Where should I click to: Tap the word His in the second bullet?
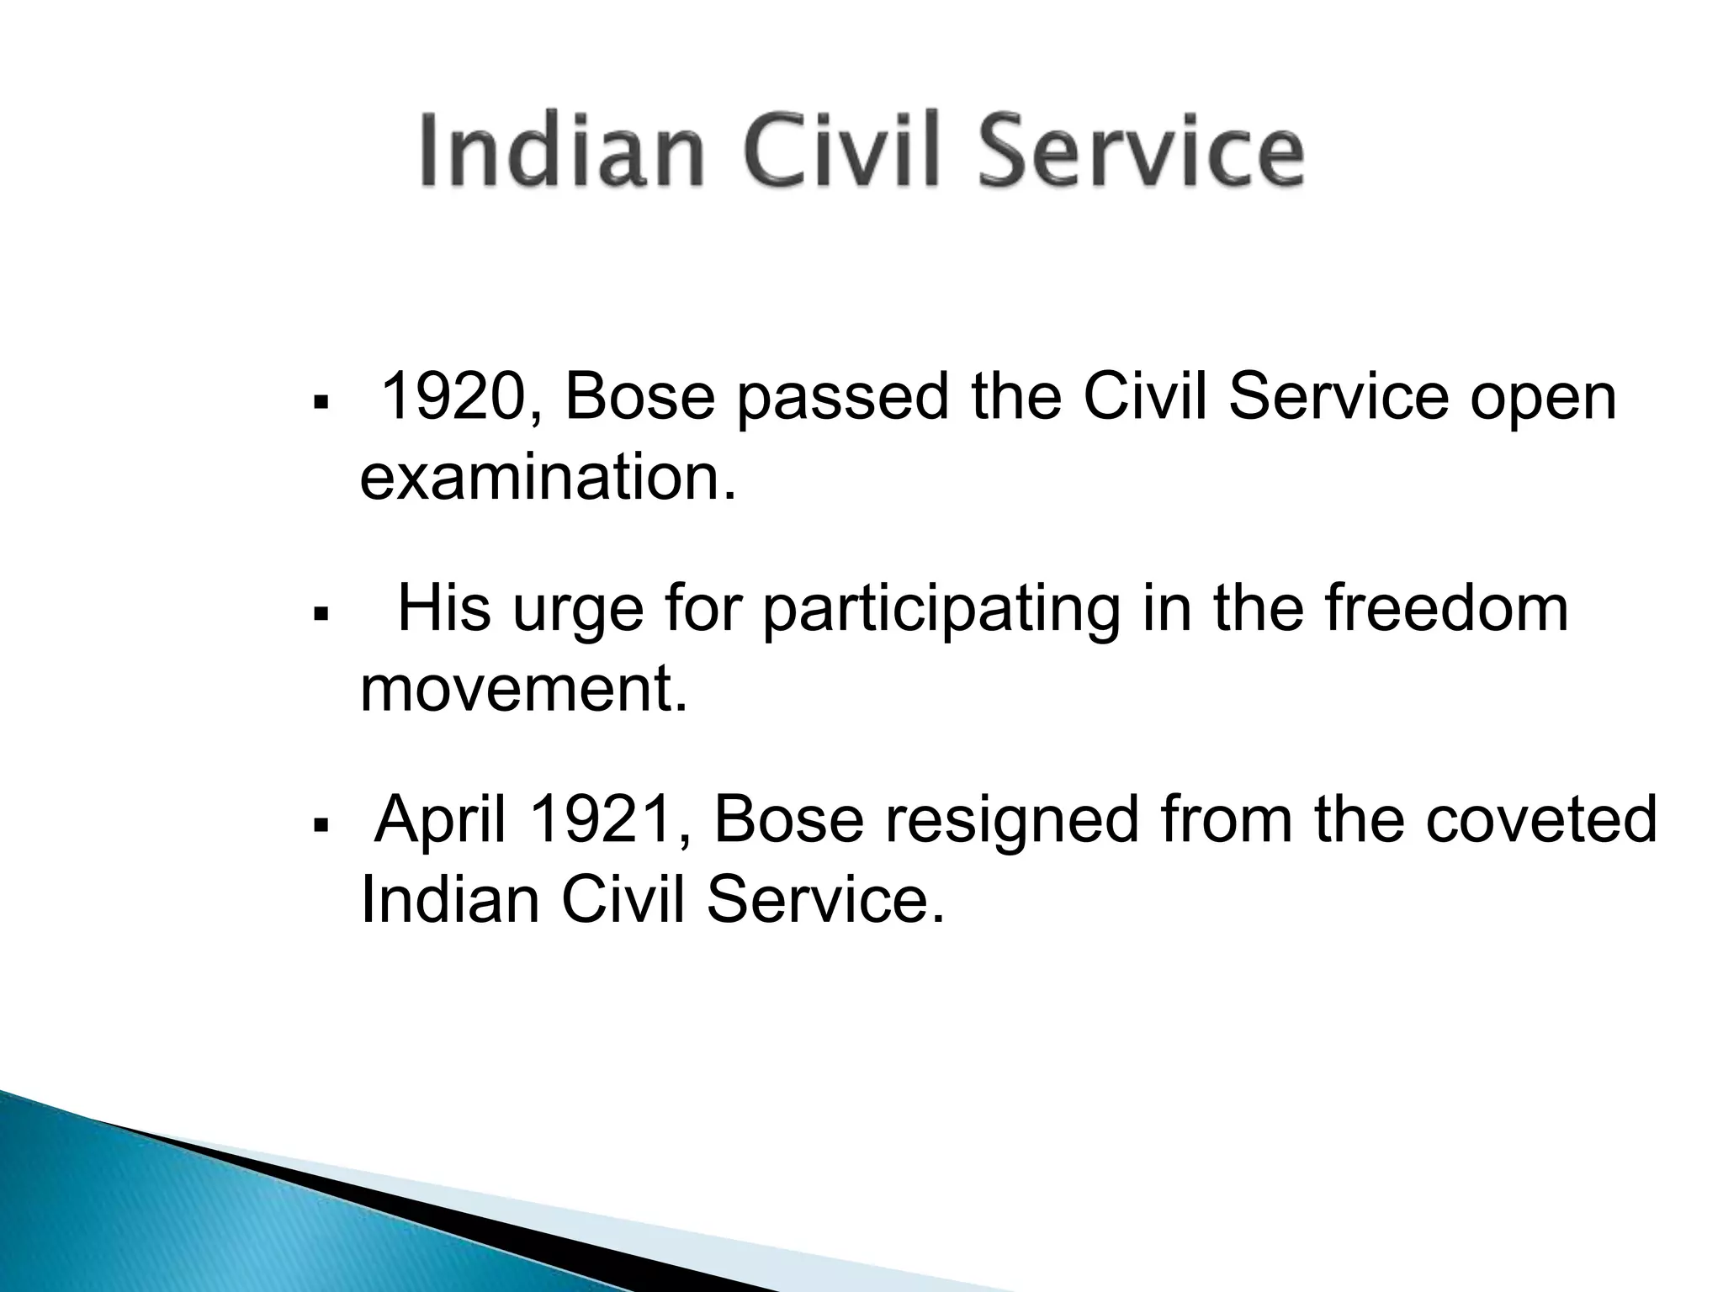click(x=444, y=608)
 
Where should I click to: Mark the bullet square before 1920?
click(x=319, y=405)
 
